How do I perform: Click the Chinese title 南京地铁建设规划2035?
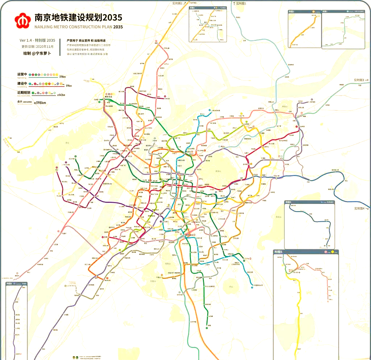click(78, 18)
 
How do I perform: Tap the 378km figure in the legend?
click(62, 77)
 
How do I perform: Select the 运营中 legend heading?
click(22, 74)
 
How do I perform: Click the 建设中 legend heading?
click(22, 83)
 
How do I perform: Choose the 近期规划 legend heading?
click(24, 93)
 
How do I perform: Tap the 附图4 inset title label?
click(288, 202)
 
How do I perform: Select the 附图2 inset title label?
click(291, 12)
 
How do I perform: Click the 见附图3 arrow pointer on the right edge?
click(361, 80)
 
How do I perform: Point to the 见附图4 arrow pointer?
click(362, 209)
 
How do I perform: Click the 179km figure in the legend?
click(68, 86)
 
